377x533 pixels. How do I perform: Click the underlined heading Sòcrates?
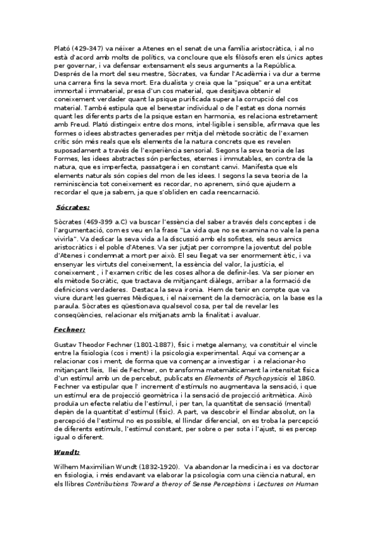(73, 207)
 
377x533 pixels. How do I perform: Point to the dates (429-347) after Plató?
(87, 47)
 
